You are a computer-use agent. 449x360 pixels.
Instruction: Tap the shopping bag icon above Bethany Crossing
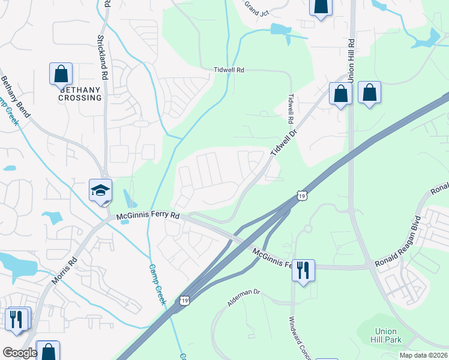click(x=61, y=74)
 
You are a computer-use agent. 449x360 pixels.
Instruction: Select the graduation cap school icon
click(x=101, y=191)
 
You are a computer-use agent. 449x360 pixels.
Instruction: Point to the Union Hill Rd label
click(x=351, y=61)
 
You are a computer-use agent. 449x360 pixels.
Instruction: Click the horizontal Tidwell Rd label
click(x=229, y=70)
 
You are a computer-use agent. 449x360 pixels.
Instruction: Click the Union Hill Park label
click(x=386, y=335)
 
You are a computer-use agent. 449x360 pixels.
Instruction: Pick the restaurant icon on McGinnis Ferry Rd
click(x=303, y=270)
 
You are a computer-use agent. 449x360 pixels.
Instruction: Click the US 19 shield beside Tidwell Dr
click(x=301, y=196)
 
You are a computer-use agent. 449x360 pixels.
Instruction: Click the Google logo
click(x=20, y=353)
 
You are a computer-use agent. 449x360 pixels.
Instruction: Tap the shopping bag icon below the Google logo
click(x=47, y=352)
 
